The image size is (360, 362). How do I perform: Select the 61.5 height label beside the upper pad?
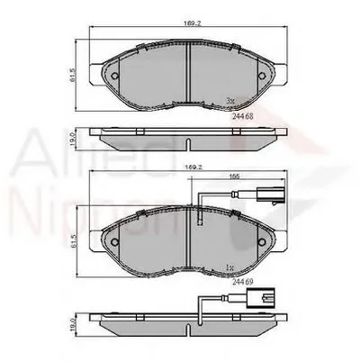coord(77,77)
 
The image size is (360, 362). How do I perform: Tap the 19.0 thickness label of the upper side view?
coord(77,138)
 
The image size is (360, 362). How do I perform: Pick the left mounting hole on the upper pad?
coord(111,77)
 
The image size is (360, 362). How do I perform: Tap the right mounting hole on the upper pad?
coord(261,77)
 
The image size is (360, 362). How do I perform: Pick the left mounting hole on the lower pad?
coord(111,245)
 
